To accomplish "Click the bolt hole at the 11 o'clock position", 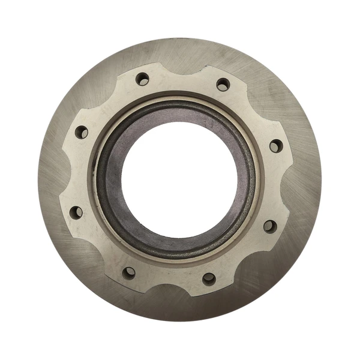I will pyautogui.click(x=142, y=79).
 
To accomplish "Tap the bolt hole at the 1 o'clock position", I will pyautogui.click(x=223, y=85).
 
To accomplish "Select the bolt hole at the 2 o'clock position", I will pyautogui.click(x=275, y=146).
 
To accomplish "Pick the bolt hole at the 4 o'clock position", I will pyautogui.click(x=269, y=226).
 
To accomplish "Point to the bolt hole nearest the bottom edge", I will pyautogui.click(x=208, y=278).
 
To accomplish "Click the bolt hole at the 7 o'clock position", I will pyautogui.click(x=128, y=273).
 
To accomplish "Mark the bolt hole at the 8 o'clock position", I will pyautogui.click(x=76, y=212).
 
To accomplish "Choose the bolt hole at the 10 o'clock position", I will pyautogui.click(x=82, y=132).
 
